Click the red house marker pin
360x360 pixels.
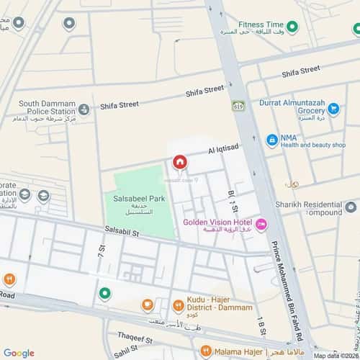click(x=179, y=162)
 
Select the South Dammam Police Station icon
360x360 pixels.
click(x=84, y=109)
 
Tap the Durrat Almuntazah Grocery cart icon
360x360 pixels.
click(x=333, y=109)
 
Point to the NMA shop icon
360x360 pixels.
click(x=272, y=140)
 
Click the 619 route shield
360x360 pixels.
click(x=238, y=106)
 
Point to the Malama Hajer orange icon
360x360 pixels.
click(x=207, y=352)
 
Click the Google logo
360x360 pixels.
click(x=18, y=353)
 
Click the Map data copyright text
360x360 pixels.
click(x=336, y=356)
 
